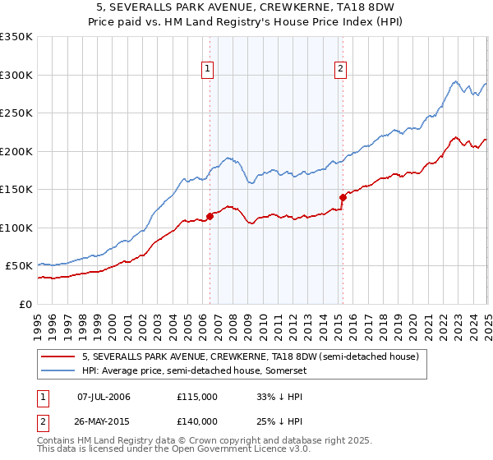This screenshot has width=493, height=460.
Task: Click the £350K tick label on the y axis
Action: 16,37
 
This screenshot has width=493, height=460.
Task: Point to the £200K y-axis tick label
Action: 16,151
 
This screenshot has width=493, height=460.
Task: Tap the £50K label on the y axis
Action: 19,266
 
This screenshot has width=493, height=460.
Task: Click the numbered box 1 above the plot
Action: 209,70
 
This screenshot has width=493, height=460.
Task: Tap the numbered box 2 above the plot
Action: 340,70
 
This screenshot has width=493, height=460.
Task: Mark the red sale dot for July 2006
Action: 210,216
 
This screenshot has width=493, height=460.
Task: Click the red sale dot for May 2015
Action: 343,197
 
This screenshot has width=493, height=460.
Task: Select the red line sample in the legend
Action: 58,356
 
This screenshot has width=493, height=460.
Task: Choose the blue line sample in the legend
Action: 58,370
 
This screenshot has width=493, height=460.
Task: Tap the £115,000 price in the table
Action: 197,397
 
